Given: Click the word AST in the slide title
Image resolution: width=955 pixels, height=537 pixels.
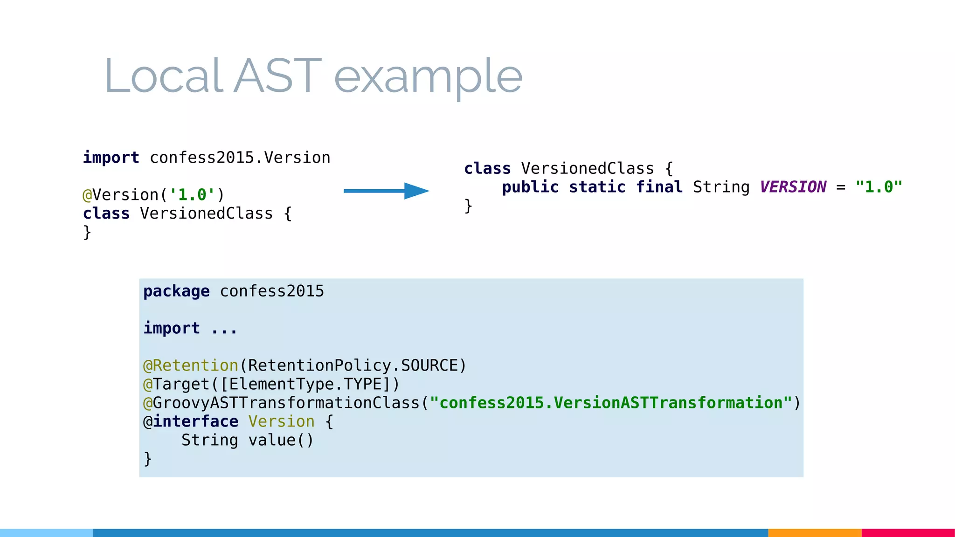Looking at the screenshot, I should [x=277, y=76].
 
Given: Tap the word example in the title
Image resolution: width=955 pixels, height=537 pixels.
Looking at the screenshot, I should [x=428, y=77].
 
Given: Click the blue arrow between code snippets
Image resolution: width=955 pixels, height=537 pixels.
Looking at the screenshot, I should [x=386, y=191].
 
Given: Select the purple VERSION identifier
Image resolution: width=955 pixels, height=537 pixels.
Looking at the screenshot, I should [x=793, y=187].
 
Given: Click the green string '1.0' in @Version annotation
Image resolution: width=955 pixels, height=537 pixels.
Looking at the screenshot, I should [x=192, y=195].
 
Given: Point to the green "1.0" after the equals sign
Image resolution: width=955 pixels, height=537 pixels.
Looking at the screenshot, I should [x=879, y=187].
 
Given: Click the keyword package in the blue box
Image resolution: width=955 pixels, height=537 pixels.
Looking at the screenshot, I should [x=176, y=291].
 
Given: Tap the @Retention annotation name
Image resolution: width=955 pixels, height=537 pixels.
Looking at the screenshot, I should [x=195, y=365].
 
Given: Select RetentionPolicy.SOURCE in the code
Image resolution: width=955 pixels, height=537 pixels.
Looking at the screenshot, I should [x=353, y=365].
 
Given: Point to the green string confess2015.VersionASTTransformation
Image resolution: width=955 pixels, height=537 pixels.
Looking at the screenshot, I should [x=611, y=403].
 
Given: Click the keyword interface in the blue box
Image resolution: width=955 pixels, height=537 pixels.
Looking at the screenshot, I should [x=196, y=421].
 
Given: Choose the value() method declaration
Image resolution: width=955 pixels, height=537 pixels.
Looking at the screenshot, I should [x=281, y=440].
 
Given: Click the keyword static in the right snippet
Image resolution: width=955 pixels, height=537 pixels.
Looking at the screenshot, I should [x=597, y=187].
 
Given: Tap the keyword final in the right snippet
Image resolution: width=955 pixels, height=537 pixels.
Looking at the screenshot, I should [x=659, y=187].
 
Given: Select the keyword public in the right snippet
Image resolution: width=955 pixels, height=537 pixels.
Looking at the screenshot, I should [x=530, y=187].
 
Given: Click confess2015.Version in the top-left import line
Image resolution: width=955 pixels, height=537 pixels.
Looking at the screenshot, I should [x=240, y=158].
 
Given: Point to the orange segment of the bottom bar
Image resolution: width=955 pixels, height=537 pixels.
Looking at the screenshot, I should [x=815, y=533].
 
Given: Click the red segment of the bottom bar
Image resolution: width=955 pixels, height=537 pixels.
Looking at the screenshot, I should [x=908, y=533].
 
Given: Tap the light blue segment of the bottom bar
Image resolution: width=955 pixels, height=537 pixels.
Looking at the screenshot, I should [x=47, y=533].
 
